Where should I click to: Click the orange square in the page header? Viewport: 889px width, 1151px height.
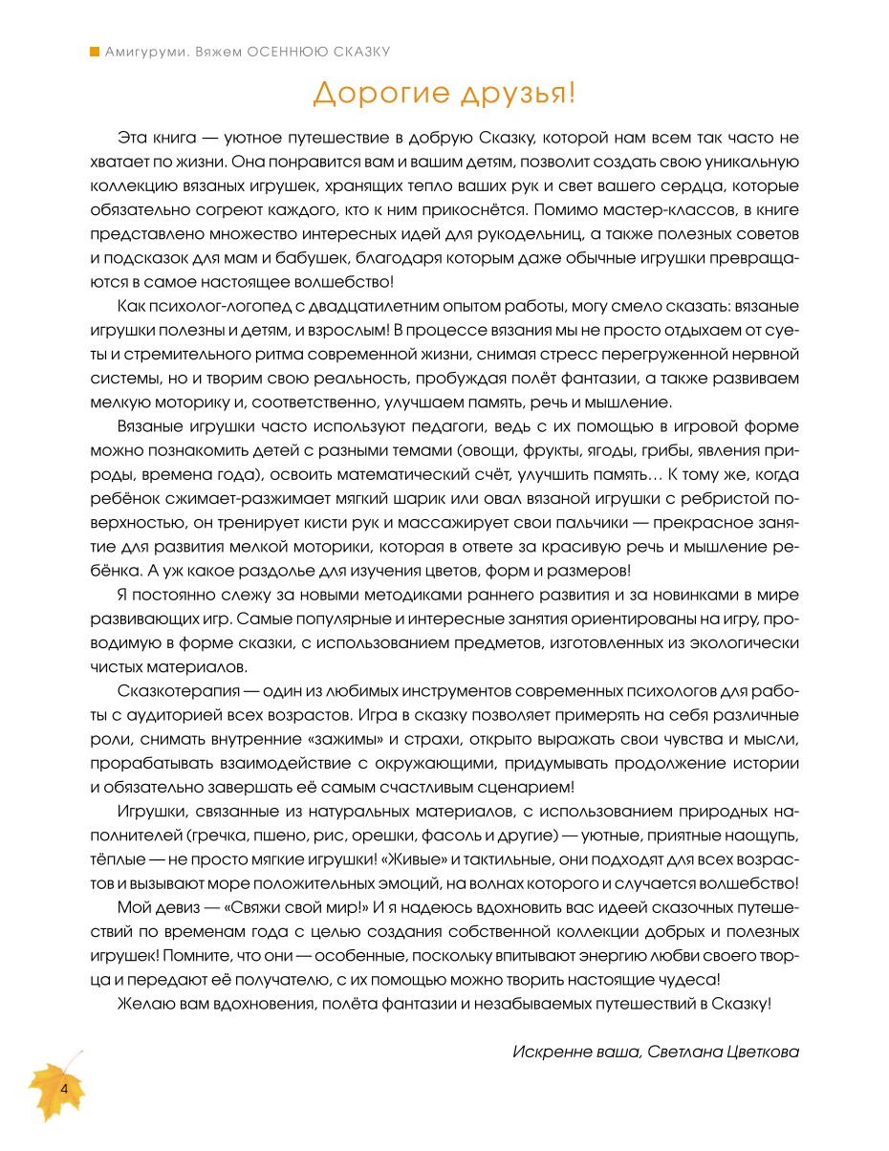[x=95, y=52]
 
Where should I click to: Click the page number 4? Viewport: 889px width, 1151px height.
[x=63, y=1089]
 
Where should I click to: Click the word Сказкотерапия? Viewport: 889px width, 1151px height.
[x=174, y=689]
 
